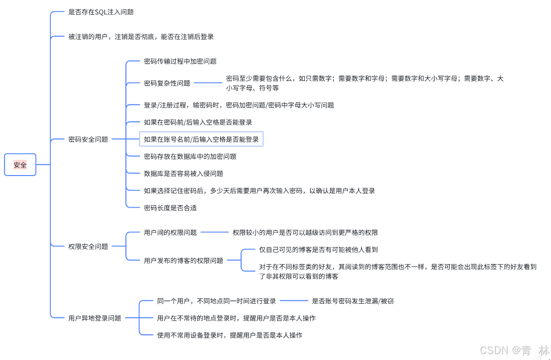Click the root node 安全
click(x=20, y=165)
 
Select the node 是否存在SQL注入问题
click(x=101, y=12)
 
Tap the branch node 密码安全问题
click(x=88, y=140)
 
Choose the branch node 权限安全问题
click(x=88, y=246)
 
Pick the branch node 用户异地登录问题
click(x=95, y=318)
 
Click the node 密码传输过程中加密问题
click(x=180, y=62)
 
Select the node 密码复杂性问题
click(x=167, y=83)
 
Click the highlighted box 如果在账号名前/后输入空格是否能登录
click(x=201, y=140)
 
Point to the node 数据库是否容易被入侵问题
click(x=184, y=174)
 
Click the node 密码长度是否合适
click(x=170, y=208)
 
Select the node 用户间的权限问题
click(x=170, y=232)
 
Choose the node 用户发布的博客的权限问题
click(x=184, y=260)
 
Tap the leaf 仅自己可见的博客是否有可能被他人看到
click(x=319, y=250)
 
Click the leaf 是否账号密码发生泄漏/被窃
click(x=353, y=301)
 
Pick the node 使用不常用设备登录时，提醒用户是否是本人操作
click(x=229, y=335)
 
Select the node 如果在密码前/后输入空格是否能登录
click(x=198, y=122)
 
